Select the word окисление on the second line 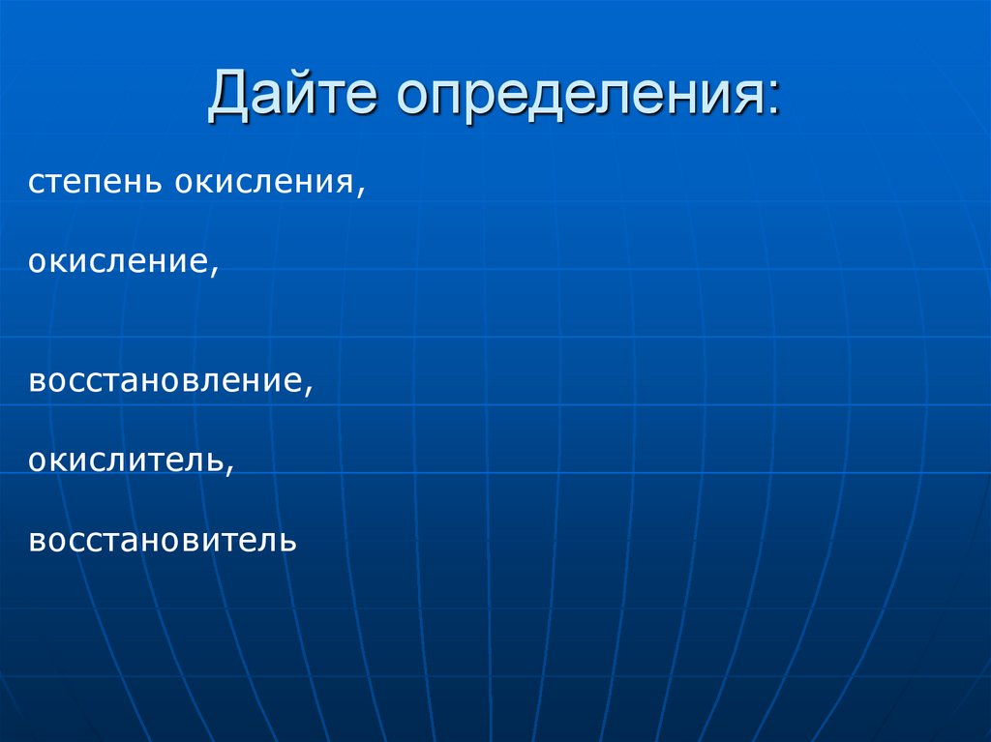click(117, 262)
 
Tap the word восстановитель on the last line click(163, 539)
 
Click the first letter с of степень click(35, 183)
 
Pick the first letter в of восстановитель click(36, 540)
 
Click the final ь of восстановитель click(288, 540)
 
